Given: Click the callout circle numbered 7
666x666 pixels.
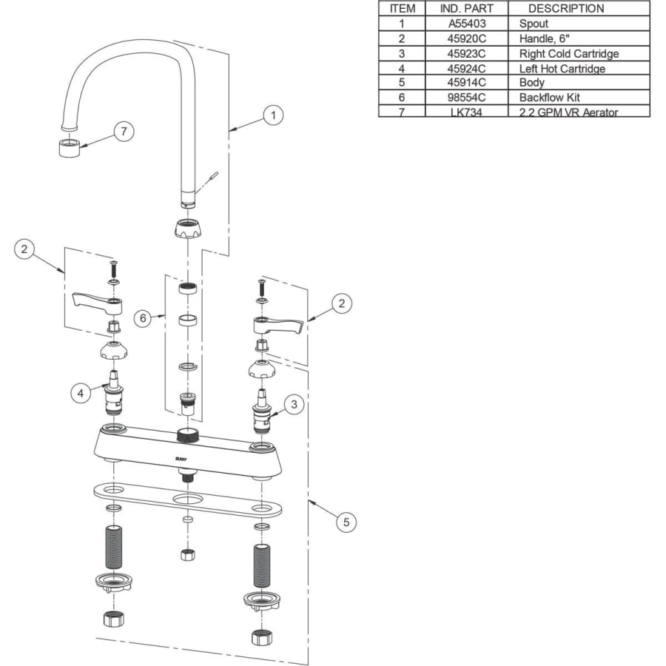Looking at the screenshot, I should [124, 132].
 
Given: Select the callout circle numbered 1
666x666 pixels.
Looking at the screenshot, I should [273, 115].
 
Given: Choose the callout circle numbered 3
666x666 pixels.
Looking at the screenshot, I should [294, 404].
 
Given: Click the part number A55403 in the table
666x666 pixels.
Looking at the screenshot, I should [468, 24].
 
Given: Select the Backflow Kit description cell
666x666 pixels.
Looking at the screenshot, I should [550, 98].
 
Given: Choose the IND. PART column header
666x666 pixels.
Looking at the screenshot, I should [468, 9].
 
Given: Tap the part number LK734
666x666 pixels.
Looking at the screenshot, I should [468, 112].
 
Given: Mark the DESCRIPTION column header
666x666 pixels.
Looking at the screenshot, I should [566, 9].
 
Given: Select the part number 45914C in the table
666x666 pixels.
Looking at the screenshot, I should [468, 83].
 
